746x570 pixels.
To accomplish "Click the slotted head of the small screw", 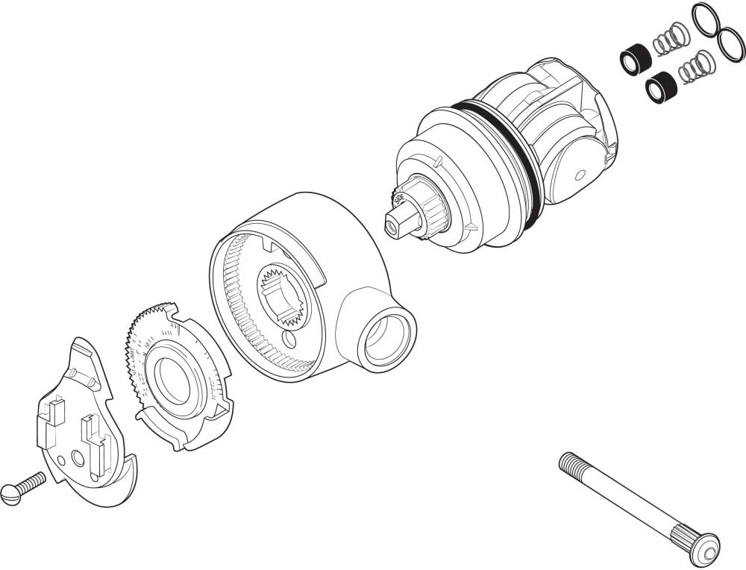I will [10, 494].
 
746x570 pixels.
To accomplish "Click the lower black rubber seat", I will [662, 86].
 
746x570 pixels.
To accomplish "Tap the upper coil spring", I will [671, 40].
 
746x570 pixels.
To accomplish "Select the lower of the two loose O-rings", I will [731, 46].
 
